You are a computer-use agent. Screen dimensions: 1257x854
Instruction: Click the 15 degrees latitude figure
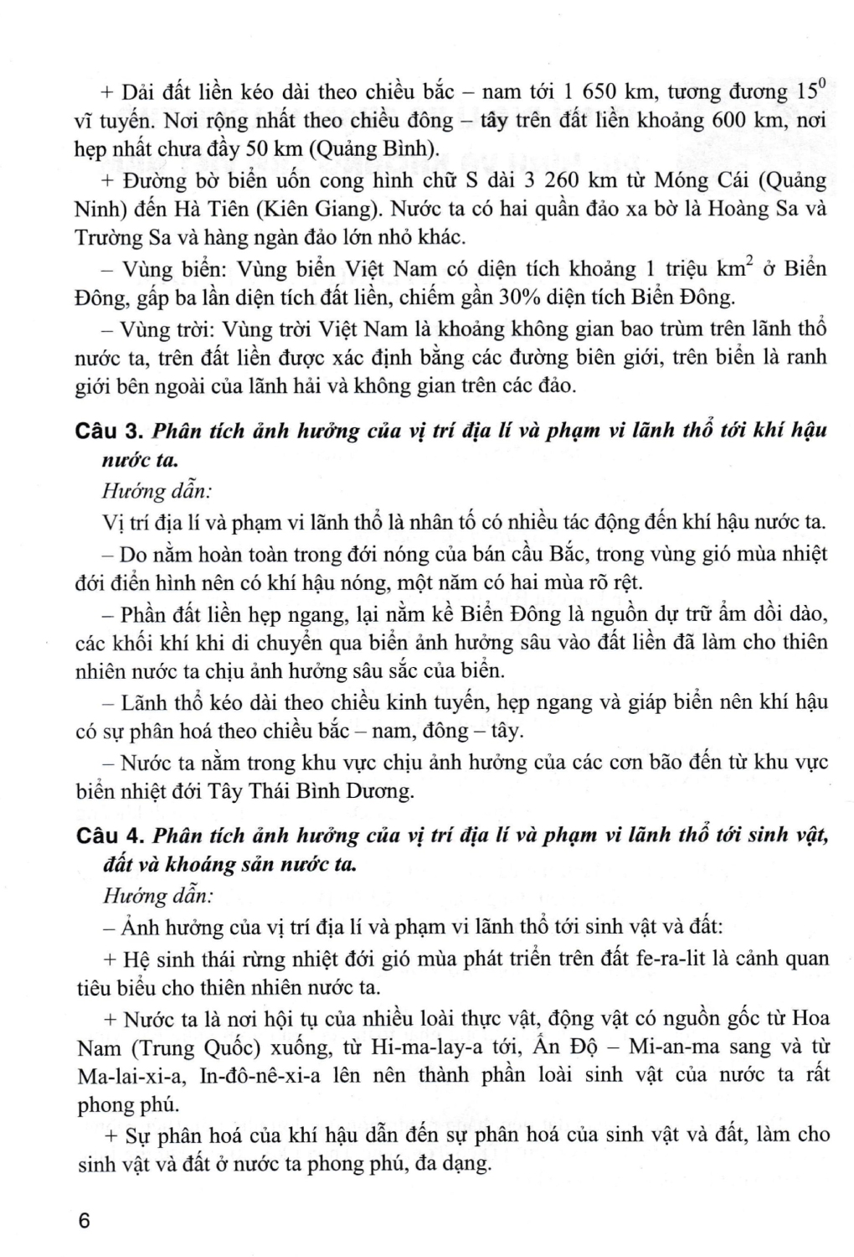click(810, 89)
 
